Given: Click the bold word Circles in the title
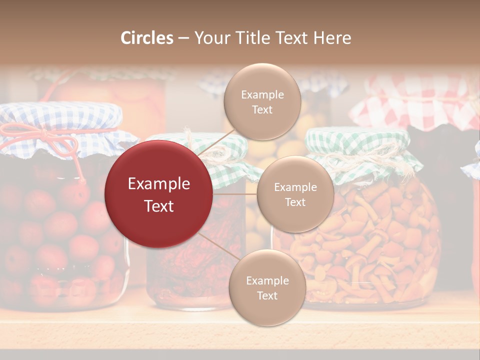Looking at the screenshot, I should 147,38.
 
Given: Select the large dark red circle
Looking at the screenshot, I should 158,194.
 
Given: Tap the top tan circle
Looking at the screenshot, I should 262,101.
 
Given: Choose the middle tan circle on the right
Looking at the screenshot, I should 295,194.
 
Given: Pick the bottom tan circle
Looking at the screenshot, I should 267,287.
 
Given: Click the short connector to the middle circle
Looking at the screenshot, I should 235,194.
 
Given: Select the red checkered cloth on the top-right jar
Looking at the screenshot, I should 415,105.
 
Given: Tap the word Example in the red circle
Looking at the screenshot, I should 158,184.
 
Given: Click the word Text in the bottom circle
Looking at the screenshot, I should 267,295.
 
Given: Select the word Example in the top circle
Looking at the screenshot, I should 262,94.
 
